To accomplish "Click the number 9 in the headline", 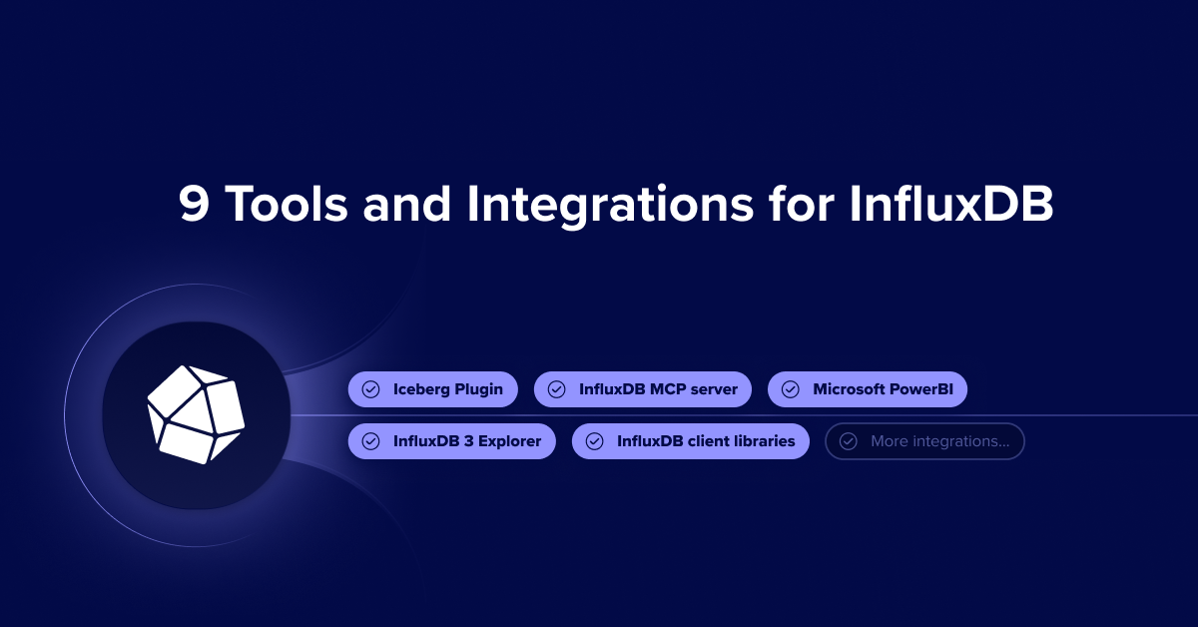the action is tap(194, 204).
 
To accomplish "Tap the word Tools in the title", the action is tap(287, 204).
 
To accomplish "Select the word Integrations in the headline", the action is tap(610, 207).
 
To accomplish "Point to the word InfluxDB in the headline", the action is tap(951, 204).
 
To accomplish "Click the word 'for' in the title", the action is tap(801, 203).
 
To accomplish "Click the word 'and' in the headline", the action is tap(407, 204).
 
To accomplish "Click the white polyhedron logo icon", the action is tap(196, 414).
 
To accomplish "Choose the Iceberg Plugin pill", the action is tap(432, 389).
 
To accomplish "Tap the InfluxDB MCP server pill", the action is tap(642, 389).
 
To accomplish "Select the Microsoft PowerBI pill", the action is tap(867, 389).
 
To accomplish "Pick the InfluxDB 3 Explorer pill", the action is tap(452, 441).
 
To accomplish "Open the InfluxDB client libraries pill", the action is tap(691, 441).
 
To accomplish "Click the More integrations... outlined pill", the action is tap(924, 441).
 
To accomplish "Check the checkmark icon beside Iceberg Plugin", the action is tap(370, 389).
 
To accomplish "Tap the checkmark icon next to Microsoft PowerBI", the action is tap(791, 389).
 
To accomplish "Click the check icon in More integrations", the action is tap(849, 441).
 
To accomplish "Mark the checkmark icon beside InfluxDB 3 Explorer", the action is tap(370, 441).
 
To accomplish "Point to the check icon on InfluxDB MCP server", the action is tap(556, 389).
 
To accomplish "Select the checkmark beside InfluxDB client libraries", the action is tap(594, 441).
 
